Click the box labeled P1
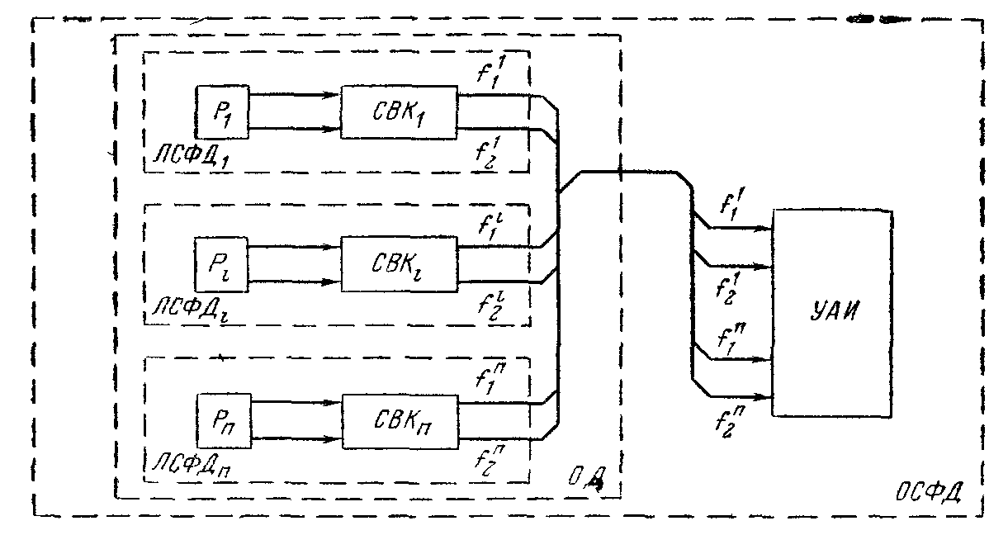pyautogui.click(x=221, y=111)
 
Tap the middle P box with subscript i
pyautogui.click(x=220, y=263)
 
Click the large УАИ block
pyautogui.click(x=831, y=312)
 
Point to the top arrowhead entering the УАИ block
pyautogui.click(x=763, y=229)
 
